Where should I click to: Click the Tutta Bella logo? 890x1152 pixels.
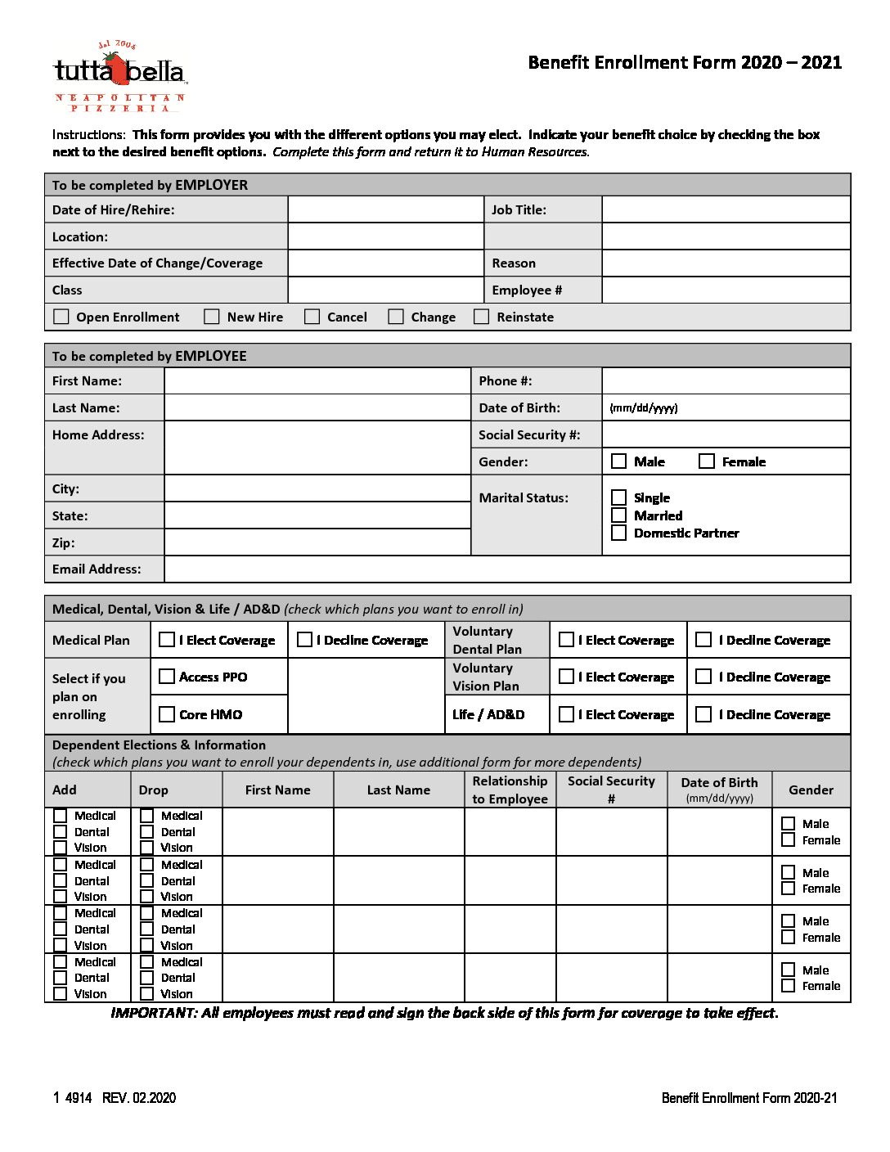pos(119,75)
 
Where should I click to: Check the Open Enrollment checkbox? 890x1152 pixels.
pos(61,317)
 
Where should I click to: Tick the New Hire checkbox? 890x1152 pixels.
pos(212,317)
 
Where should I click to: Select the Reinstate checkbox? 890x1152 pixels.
pos(482,317)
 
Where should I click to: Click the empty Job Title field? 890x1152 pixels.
pos(726,209)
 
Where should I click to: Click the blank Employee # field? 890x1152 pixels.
pos(726,290)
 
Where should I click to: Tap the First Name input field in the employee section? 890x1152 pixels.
pos(317,380)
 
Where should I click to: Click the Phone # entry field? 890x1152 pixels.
pos(726,380)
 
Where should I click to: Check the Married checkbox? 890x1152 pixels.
pos(619,515)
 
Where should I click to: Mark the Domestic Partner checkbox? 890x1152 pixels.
pos(619,533)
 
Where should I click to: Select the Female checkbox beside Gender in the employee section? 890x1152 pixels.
pos(707,461)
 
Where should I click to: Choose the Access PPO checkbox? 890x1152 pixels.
pos(167,677)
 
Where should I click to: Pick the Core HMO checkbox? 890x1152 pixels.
pos(167,714)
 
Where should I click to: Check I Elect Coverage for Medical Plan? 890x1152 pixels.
pos(167,640)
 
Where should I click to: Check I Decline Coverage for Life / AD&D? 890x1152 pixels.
pos(703,714)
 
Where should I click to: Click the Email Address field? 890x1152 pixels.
pos(506,569)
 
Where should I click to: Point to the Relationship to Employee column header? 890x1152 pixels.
pos(510,790)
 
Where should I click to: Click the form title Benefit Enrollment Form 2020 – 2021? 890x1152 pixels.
pos(685,63)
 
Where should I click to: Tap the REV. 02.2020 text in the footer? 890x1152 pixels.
pos(139,1098)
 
